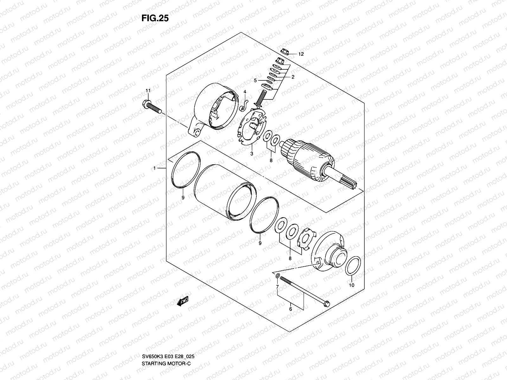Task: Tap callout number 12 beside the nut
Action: click(x=301, y=54)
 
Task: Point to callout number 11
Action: click(x=148, y=91)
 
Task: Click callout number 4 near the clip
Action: click(x=245, y=92)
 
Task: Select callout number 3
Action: click(x=252, y=154)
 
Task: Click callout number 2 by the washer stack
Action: click(x=293, y=77)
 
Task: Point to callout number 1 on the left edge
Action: click(x=155, y=168)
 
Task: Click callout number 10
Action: click(x=352, y=285)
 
